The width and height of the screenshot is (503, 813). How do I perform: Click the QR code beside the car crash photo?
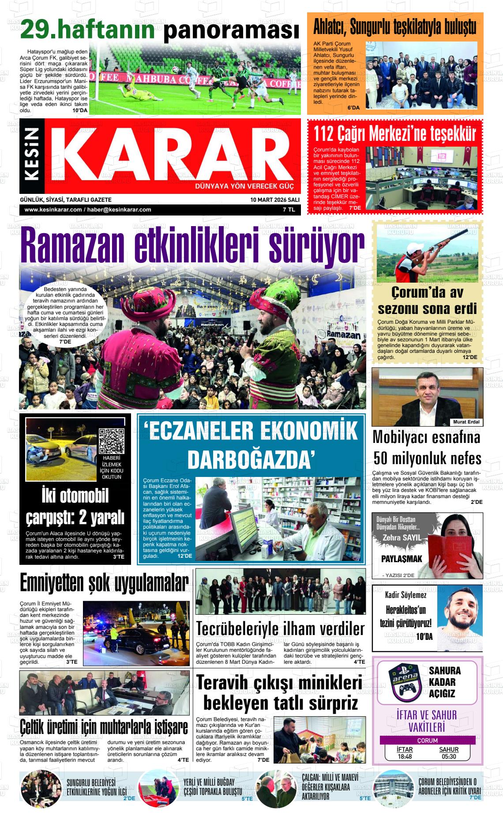coord(111,441)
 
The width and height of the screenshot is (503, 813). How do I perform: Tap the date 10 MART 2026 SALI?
coord(274,200)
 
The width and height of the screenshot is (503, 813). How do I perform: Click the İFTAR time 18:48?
coord(405,756)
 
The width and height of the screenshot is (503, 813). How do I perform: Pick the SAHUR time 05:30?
coord(448,756)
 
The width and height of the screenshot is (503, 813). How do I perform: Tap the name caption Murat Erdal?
coord(466,422)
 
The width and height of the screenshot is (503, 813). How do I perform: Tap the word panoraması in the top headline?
coord(231,30)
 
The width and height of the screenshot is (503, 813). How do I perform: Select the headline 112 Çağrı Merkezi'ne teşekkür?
coord(395,133)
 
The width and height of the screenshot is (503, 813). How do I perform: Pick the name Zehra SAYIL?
coord(402,537)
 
